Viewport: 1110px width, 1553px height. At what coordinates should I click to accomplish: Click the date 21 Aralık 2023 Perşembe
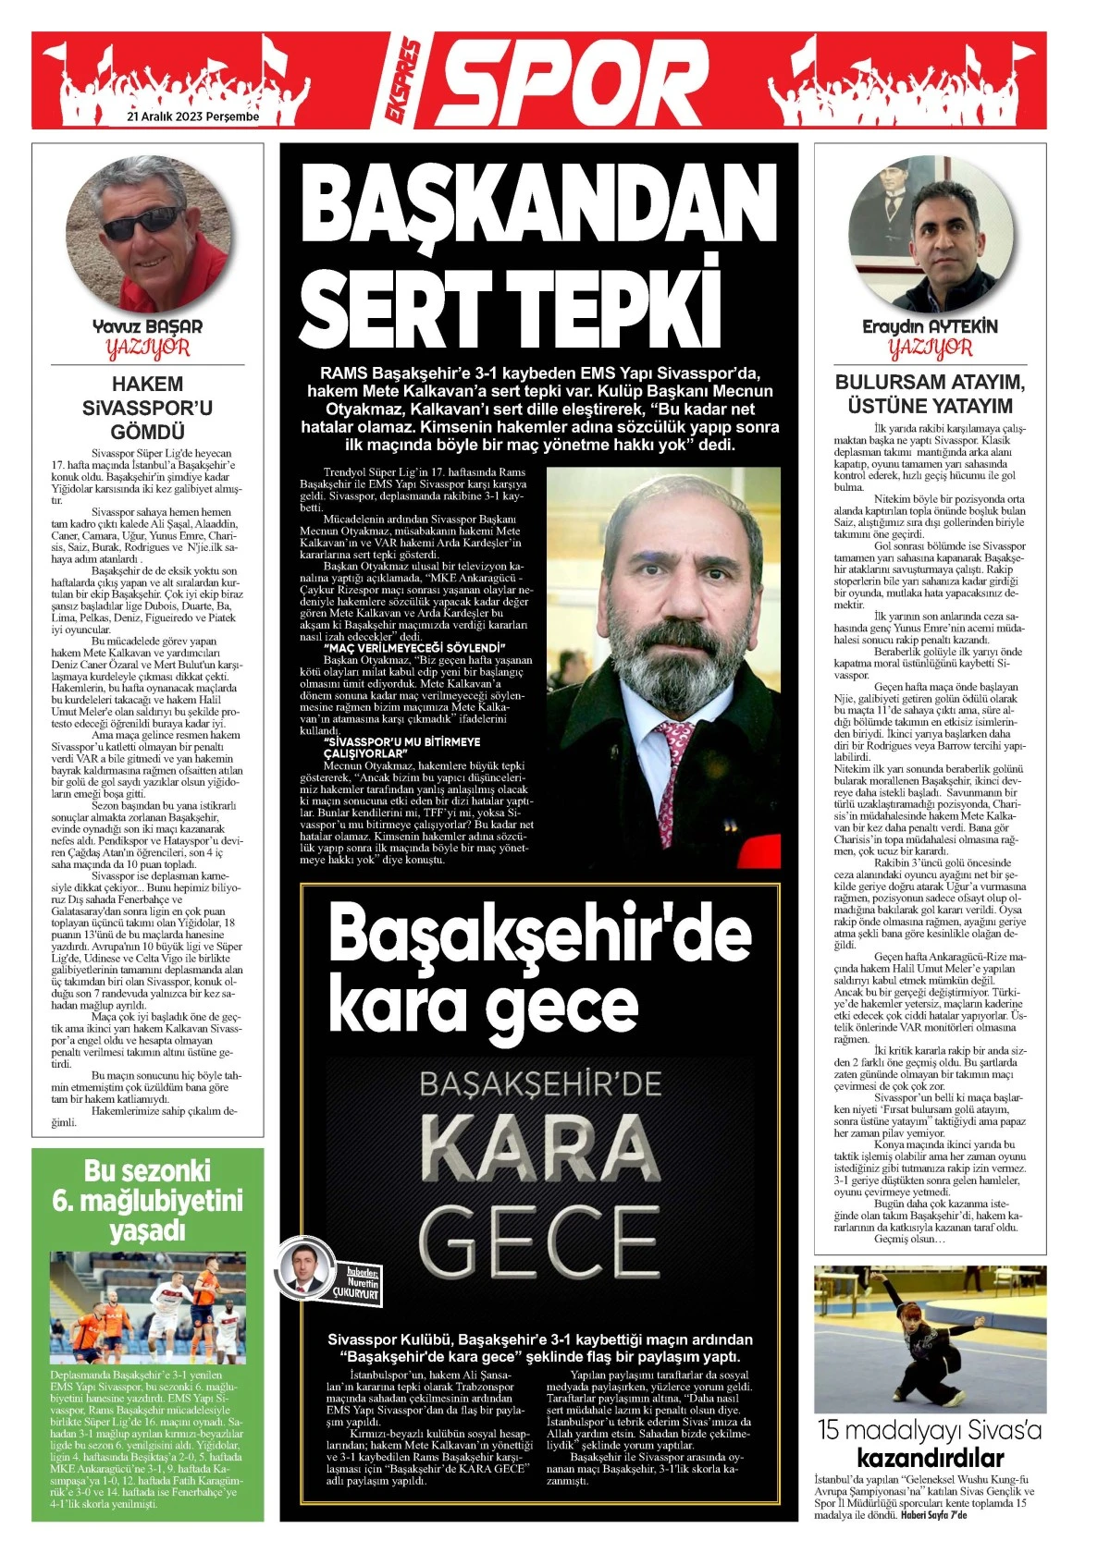click(192, 117)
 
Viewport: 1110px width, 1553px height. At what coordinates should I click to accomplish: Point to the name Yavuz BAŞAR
click(147, 326)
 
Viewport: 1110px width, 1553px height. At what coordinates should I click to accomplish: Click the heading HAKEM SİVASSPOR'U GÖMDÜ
click(147, 408)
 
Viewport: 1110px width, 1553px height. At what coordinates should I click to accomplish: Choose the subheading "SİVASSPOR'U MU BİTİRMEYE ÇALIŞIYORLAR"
click(402, 747)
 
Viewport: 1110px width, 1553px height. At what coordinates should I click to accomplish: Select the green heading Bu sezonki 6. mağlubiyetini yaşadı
click(147, 1200)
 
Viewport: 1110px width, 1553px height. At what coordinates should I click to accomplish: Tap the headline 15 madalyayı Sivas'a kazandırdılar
click(930, 1444)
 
